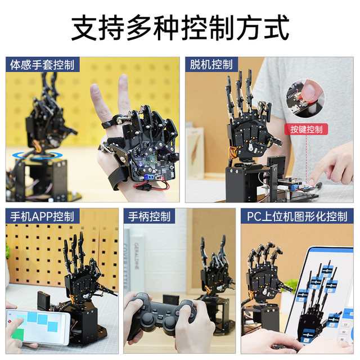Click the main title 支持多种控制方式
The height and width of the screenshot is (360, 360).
pyautogui.click(x=180, y=27)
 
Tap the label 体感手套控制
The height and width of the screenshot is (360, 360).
pyautogui.click(x=42, y=65)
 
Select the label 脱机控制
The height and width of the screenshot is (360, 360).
pyautogui.click(x=211, y=65)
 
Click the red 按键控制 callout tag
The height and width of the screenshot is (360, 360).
pyautogui.click(x=307, y=129)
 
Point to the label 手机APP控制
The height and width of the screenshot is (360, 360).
pyautogui.click(x=42, y=217)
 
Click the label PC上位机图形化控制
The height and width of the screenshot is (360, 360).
pyautogui.click(x=297, y=217)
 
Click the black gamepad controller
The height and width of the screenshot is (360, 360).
pyautogui.click(x=160, y=318)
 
